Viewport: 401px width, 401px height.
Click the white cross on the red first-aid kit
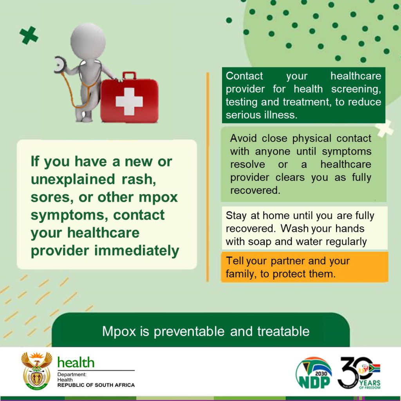[x=129, y=101]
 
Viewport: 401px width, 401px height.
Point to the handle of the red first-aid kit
[x=129, y=76]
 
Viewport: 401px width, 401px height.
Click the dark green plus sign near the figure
[x=29, y=36]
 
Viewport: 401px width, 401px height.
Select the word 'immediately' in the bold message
[x=137, y=251]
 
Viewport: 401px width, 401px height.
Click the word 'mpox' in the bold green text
[x=158, y=197]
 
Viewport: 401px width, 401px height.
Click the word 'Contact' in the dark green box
[x=244, y=76]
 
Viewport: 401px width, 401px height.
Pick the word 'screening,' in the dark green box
[x=356, y=89]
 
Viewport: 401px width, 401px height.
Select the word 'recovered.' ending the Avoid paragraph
[x=255, y=190]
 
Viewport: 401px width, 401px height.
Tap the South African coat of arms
[x=36, y=370]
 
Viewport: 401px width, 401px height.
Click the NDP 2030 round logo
[x=313, y=373]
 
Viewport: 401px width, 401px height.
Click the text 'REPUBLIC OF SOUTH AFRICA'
[x=96, y=385]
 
